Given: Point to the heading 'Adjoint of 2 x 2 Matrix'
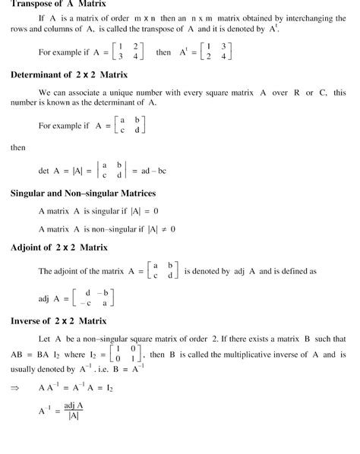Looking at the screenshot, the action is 60,247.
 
